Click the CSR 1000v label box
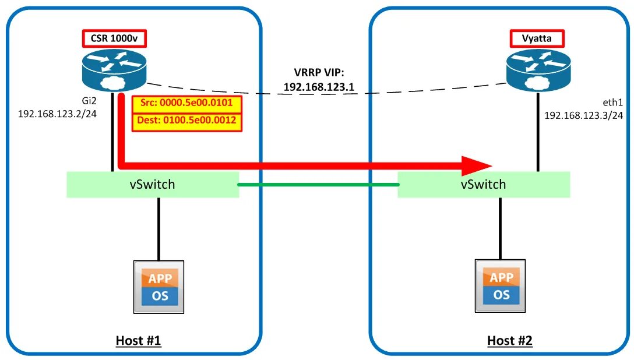114,38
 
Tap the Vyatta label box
537,38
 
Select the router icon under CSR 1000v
114,70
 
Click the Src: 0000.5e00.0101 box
187,104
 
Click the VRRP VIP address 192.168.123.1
319,87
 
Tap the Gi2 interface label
89,101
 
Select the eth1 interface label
612,103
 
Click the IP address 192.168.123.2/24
58,114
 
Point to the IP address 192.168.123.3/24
583,115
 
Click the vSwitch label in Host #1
153,184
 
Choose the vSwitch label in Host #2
483,184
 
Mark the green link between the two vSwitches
319,185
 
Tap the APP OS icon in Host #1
159,287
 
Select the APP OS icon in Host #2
500,286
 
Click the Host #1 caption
138,341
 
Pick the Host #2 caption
509,341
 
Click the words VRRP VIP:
319,73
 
